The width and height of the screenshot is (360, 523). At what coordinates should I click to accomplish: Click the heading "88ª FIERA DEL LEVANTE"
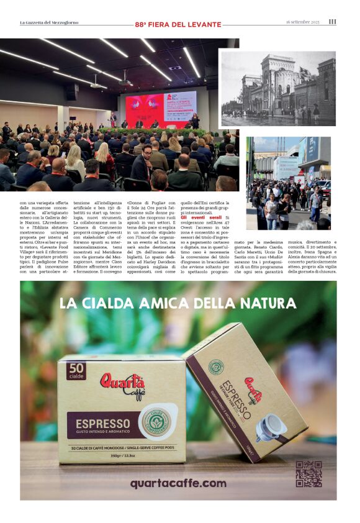[178, 25]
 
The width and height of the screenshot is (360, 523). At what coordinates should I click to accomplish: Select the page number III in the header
[333, 22]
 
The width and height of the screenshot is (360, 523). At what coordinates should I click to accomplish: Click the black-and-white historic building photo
[278, 88]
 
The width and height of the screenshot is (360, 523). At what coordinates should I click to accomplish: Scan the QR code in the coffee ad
[308, 473]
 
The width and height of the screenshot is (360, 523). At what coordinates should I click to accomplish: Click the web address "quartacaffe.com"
[178, 483]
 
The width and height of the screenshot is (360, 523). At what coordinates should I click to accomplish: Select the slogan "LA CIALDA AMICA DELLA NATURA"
[178, 304]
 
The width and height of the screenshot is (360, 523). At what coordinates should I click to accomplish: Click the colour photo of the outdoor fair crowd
[288, 183]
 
